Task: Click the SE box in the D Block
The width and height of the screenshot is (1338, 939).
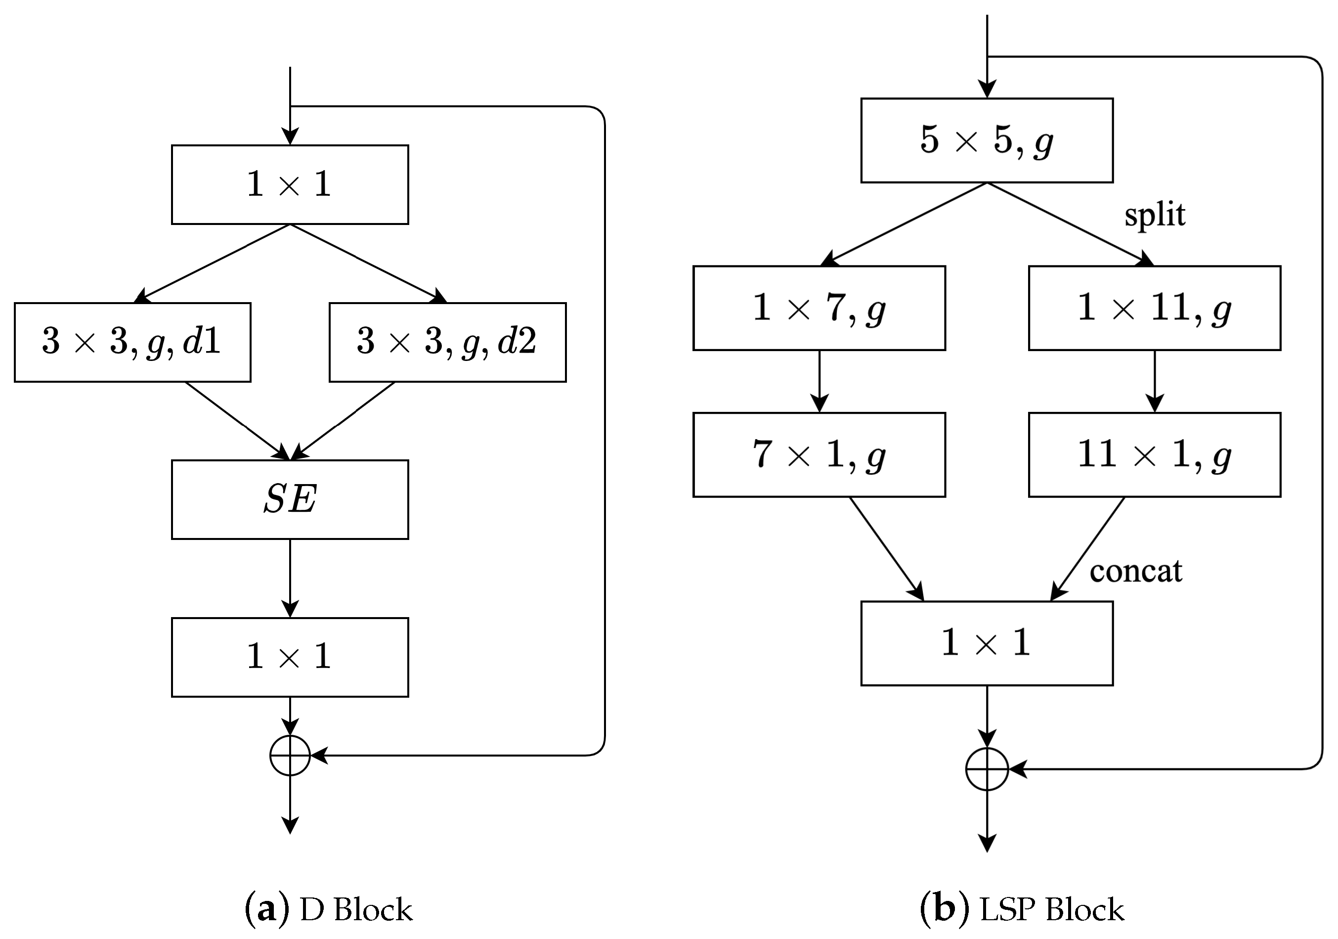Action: (x=290, y=499)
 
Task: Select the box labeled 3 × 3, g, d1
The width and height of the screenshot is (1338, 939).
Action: (x=132, y=342)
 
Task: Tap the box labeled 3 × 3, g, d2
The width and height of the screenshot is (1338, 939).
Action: (x=447, y=342)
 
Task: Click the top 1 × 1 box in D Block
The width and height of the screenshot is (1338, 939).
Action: (x=290, y=184)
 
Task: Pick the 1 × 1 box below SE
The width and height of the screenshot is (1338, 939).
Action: (x=290, y=657)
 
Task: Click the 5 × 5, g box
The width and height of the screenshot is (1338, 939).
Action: (x=987, y=140)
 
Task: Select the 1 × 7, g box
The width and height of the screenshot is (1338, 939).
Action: (x=819, y=308)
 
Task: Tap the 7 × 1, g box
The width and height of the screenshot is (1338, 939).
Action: (x=819, y=454)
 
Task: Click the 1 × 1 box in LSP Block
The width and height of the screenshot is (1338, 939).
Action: (x=987, y=643)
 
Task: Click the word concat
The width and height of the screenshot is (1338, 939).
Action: (x=1135, y=571)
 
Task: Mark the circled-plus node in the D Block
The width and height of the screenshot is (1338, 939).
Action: (x=290, y=756)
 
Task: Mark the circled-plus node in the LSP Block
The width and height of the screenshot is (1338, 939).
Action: (x=987, y=769)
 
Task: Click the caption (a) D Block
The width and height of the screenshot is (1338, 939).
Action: (x=328, y=909)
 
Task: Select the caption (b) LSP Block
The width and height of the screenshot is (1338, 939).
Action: (x=1021, y=909)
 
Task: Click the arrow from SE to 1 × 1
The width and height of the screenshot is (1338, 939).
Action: (x=290, y=577)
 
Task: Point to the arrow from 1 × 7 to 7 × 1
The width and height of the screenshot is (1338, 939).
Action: (x=819, y=381)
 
